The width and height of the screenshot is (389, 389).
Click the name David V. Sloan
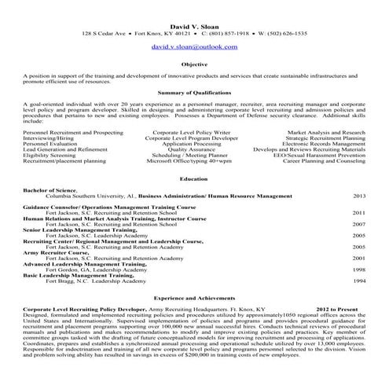(x=194, y=27)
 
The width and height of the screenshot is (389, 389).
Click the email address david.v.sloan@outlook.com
(x=194, y=47)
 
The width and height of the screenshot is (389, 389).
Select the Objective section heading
(x=194, y=64)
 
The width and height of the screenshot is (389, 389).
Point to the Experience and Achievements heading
(x=194, y=299)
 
